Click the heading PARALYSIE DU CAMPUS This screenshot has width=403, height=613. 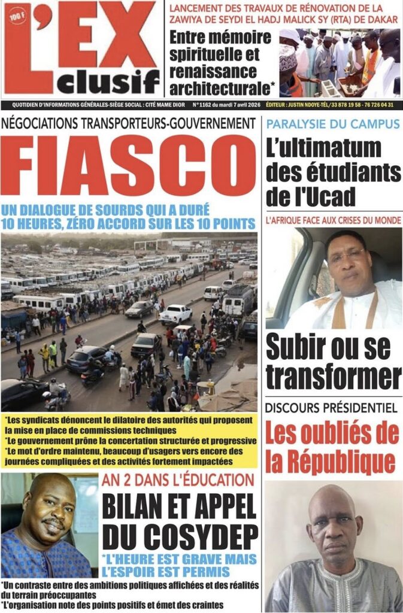332,125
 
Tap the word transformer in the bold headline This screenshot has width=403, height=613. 334,377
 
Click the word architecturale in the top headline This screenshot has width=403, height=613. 220,89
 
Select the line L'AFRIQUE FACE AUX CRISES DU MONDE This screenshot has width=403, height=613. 334,220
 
